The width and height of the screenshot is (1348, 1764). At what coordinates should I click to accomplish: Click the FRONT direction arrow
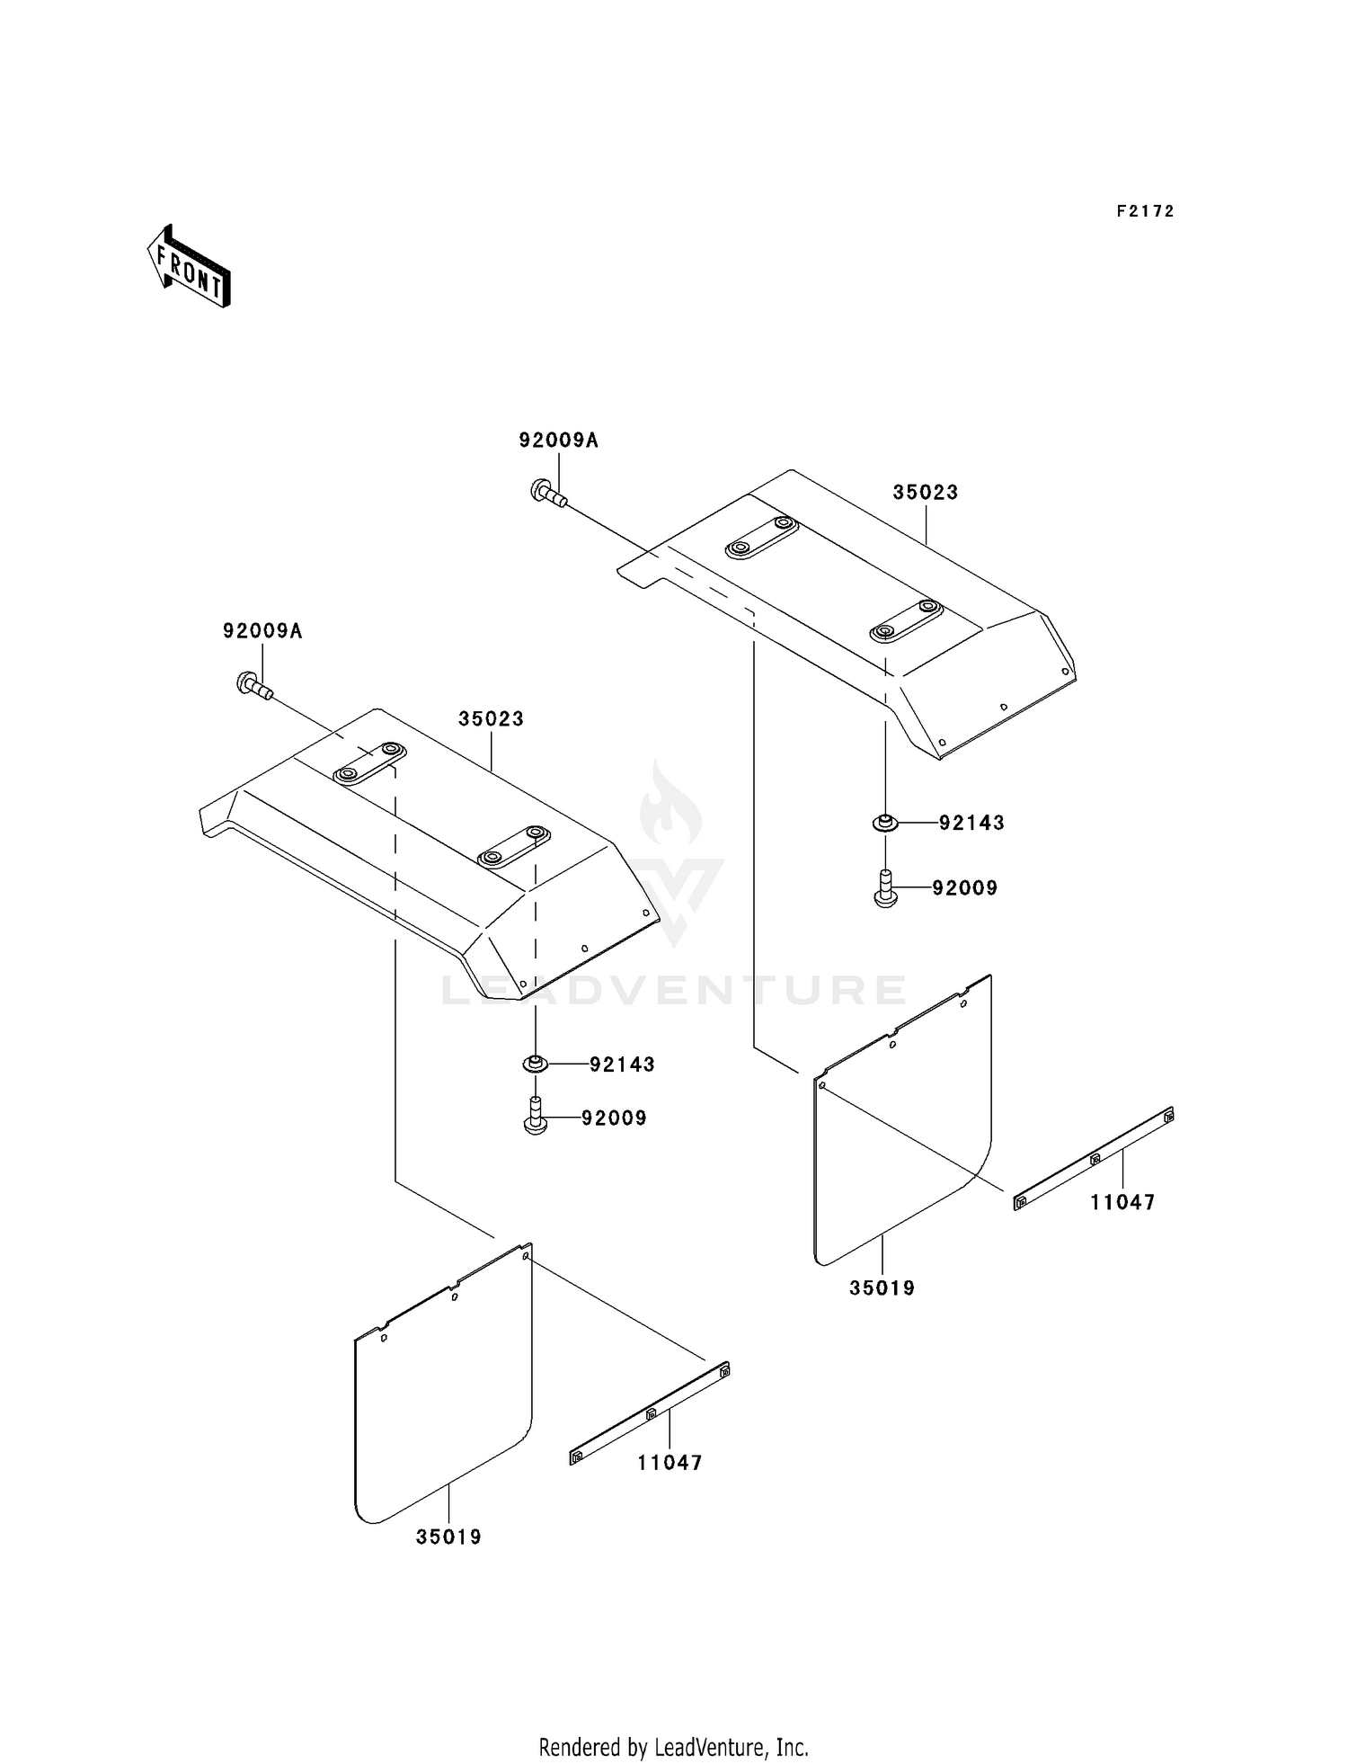click(x=189, y=266)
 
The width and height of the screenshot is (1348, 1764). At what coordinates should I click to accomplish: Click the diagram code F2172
click(x=1145, y=211)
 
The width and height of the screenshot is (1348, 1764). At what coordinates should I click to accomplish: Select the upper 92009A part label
click(x=558, y=441)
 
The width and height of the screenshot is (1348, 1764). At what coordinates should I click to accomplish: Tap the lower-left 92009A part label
click(x=262, y=631)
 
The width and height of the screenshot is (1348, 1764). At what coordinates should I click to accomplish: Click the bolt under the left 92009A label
click(x=254, y=686)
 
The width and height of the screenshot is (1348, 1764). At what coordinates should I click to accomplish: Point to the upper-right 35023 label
click(x=926, y=492)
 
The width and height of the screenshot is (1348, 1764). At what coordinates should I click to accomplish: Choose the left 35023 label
click(x=492, y=719)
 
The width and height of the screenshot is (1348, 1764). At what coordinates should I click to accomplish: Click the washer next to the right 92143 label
click(x=885, y=822)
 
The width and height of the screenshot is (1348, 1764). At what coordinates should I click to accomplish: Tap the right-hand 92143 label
click(x=971, y=823)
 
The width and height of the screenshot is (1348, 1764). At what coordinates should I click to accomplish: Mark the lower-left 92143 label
click(x=622, y=1065)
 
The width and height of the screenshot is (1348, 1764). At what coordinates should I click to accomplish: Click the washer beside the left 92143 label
click(x=536, y=1064)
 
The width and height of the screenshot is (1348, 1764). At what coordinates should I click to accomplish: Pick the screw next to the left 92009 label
click(x=536, y=1116)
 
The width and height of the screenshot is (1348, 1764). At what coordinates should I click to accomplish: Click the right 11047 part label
click(x=1122, y=1202)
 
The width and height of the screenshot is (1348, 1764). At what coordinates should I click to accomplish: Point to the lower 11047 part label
click(x=670, y=1463)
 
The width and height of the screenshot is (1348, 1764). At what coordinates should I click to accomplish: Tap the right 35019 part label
click(x=882, y=1288)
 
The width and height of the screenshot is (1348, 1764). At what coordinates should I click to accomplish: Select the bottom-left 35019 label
click(x=448, y=1537)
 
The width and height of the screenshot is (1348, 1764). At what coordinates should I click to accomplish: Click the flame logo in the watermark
click(x=670, y=806)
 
